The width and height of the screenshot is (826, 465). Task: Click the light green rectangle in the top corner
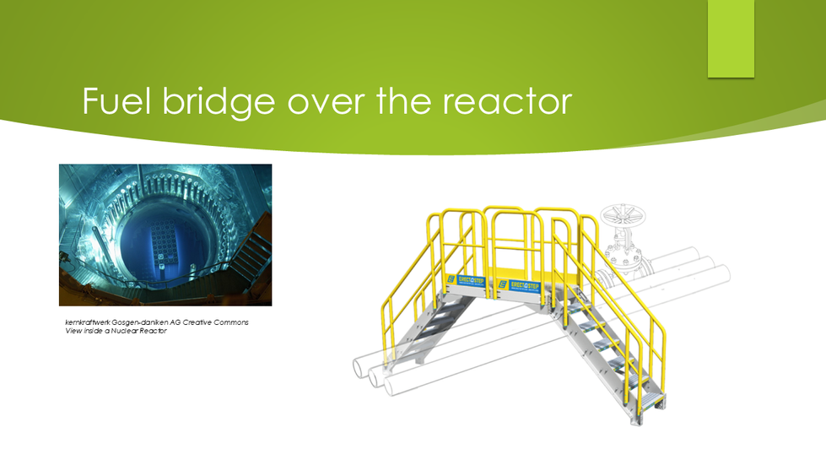(731, 38)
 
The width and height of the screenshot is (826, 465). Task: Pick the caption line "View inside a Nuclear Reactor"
(116, 332)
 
